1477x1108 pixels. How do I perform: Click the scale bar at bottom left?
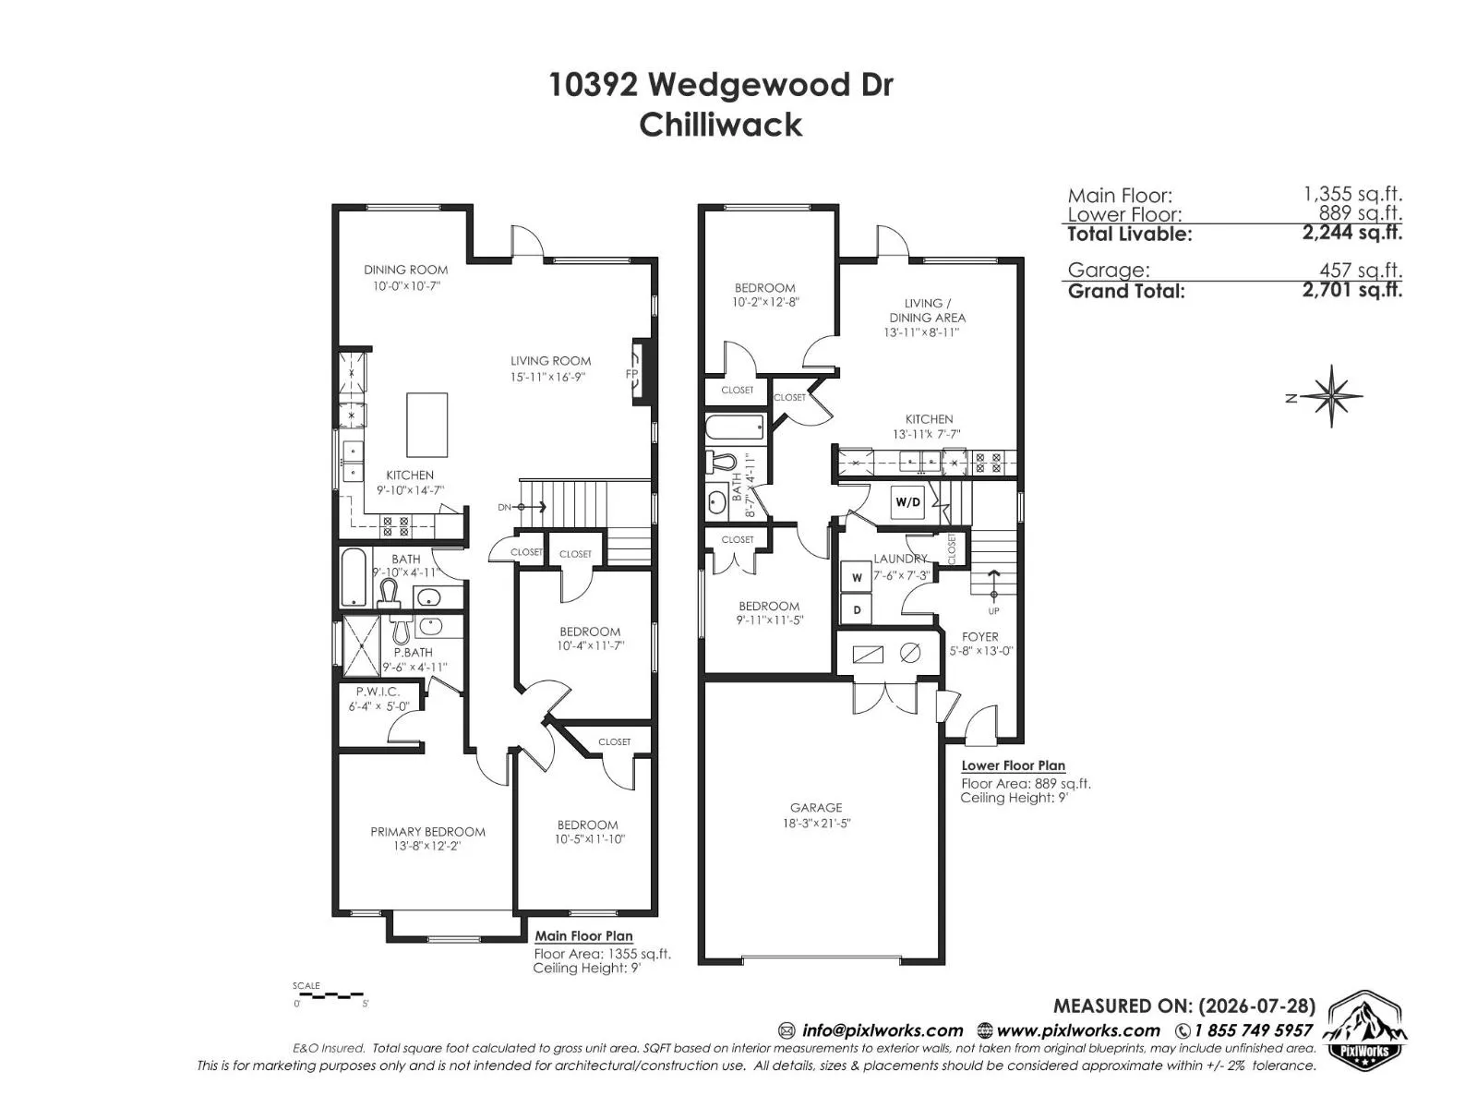[x=329, y=994]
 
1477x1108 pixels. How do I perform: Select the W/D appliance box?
[x=907, y=502]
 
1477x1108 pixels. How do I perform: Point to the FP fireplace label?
[x=631, y=374]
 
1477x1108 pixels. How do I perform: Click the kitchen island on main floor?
[x=426, y=425]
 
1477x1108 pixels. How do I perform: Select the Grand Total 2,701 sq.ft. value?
[x=1351, y=290]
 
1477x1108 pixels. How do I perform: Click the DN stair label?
[x=505, y=507]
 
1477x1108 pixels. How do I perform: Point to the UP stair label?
[x=993, y=611]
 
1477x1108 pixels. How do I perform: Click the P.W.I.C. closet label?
[x=378, y=692]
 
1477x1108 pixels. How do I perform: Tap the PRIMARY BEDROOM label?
[x=427, y=832]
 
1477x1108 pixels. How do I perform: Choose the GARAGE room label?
[x=815, y=807]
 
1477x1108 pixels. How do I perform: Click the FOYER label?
[x=979, y=636]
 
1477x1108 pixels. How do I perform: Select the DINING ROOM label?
[x=406, y=270]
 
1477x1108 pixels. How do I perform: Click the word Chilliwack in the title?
[x=721, y=126]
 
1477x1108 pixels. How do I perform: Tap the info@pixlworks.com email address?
[x=883, y=1030]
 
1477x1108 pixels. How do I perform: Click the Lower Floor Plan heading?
[x=1013, y=765]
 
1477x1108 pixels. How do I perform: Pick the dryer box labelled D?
[x=857, y=610]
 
